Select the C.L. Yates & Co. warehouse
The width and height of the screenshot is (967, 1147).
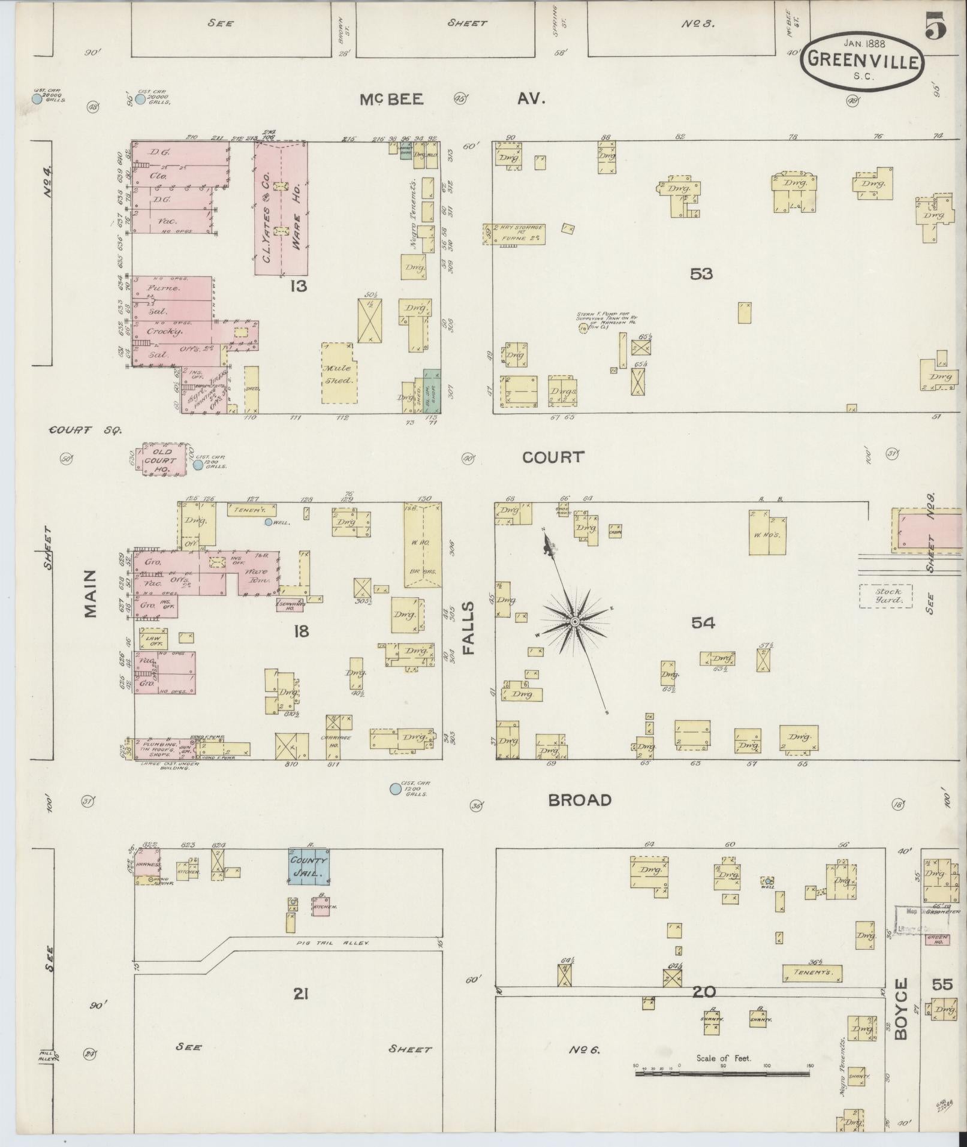(281, 208)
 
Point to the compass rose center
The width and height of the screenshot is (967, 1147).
(574, 622)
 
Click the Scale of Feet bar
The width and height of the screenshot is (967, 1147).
(722, 653)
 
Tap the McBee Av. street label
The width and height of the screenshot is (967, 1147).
(453, 99)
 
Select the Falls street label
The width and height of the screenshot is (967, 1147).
(468, 628)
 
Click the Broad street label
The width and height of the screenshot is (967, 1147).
(580, 800)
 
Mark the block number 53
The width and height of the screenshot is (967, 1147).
(701, 274)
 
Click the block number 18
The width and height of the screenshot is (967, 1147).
(300, 631)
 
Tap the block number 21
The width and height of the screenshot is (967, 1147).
(300, 995)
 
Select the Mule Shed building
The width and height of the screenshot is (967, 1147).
(339, 374)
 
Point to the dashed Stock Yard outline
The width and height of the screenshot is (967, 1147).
(885, 596)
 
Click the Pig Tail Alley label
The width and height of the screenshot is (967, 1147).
(333, 943)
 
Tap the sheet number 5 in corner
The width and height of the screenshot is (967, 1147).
(935, 26)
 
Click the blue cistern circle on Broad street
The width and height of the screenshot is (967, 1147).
(395, 789)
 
